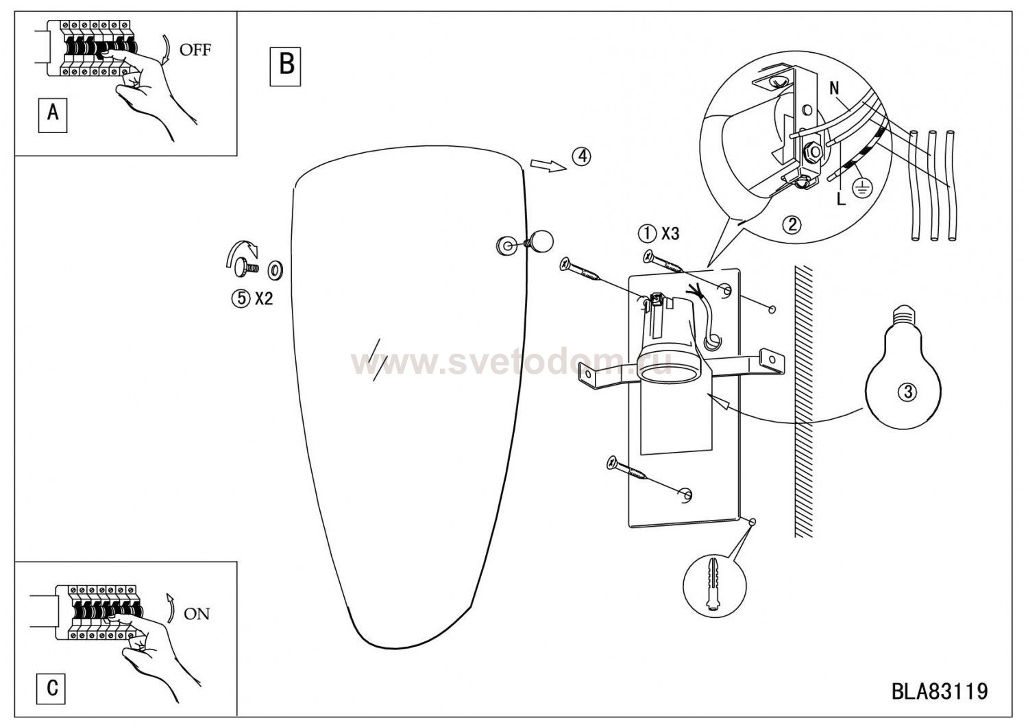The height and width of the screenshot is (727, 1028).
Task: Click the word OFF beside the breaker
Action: pyautogui.click(x=195, y=49)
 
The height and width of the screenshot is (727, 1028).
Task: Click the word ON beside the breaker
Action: pyautogui.click(x=197, y=614)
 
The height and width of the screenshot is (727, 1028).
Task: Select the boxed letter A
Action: pyautogui.click(x=53, y=112)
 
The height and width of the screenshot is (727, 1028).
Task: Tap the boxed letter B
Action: pyautogui.click(x=286, y=66)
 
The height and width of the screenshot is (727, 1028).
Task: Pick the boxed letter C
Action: pyautogui.click(x=52, y=687)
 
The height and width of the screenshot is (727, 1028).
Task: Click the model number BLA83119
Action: pyautogui.click(x=940, y=691)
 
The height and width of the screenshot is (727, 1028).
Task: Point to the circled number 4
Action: pyautogui.click(x=581, y=157)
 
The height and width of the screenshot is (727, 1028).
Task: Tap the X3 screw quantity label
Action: pyautogui.click(x=670, y=235)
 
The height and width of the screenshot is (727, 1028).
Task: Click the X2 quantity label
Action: pyautogui.click(x=264, y=300)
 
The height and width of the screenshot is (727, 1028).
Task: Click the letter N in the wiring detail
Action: pyautogui.click(x=834, y=88)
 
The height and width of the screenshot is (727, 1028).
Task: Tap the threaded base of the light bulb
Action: pyautogui.click(x=903, y=314)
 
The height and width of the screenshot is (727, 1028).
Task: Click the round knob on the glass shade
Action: pyautogui.click(x=541, y=241)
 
